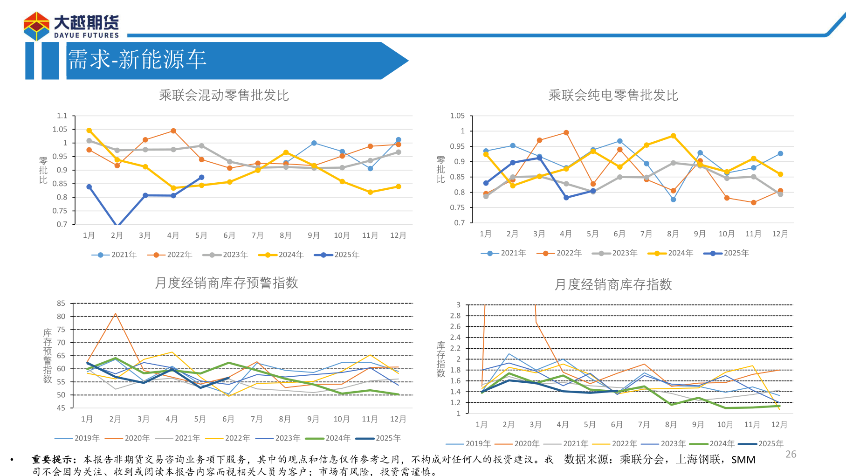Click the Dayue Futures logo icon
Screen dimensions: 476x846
[36, 27]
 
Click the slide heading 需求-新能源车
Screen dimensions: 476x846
[137, 60]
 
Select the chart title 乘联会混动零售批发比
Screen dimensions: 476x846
[224, 96]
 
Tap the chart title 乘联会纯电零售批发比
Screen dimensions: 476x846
[613, 96]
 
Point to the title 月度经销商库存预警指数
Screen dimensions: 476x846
[226, 283]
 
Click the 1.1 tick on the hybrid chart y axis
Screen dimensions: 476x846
[62, 116]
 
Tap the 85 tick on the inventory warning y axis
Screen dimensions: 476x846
[61, 304]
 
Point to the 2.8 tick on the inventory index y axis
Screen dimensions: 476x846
[455, 316]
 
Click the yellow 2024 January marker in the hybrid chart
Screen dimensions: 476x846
[89, 131]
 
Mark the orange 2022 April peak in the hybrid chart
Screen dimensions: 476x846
[173, 131]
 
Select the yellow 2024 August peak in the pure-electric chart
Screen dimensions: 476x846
[673, 136]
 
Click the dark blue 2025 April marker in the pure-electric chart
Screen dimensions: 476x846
[566, 198]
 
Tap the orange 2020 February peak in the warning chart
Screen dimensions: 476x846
[115, 314]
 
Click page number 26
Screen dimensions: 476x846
[791, 454]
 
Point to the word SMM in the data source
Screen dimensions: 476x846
[743, 460]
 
